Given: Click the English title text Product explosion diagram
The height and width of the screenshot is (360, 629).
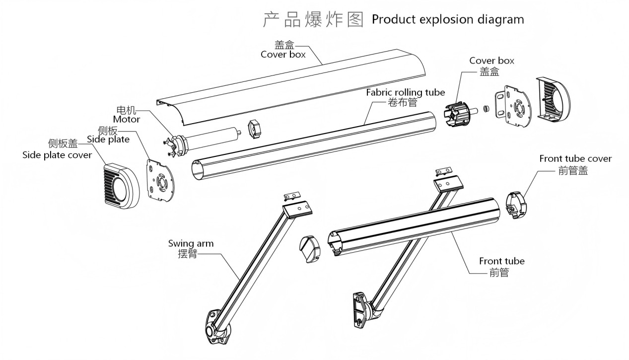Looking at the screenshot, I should (447, 20).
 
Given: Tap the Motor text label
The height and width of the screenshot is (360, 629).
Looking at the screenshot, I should (127, 119).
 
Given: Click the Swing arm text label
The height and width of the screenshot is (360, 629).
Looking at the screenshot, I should (191, 243).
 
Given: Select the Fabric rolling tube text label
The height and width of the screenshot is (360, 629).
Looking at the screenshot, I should (405, 92).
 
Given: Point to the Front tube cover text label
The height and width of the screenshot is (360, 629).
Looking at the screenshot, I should (575, 159).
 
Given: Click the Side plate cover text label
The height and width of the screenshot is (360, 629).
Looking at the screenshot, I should (57, 155).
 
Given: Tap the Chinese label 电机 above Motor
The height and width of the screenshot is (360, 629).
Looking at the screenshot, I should (126, 110).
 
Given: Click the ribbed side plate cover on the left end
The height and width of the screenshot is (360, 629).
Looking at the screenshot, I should (122, 184).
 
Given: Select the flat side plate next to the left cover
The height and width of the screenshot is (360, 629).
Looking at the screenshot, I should (161, 182).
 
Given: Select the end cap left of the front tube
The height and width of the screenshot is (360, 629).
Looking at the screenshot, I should (312, 248).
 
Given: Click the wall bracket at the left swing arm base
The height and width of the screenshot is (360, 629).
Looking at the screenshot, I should (216, 328).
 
